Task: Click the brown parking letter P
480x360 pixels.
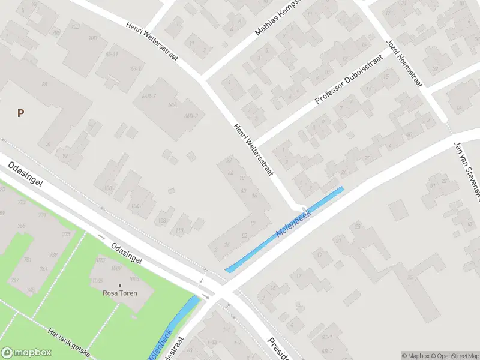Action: (x=20, y=113)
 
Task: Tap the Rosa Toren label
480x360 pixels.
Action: (x=120, y=293)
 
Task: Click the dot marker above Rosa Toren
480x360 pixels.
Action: (x=120, y=285)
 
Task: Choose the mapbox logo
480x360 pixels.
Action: (x=26, y=352)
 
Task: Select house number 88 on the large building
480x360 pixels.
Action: (x=44, y=84)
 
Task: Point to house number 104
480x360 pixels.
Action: (x=135, y=206)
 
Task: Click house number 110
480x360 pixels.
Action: (x=179, y=230)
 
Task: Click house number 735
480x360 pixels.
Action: (x=22, y=226)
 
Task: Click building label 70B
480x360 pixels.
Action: (x=93, y=38)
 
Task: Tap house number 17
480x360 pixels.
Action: (x=298, y=275)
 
